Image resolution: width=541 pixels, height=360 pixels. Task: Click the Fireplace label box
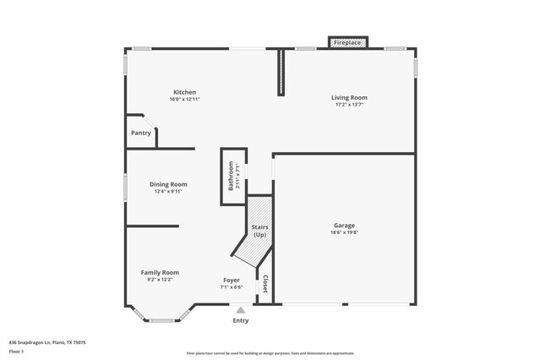(x=347, y=42)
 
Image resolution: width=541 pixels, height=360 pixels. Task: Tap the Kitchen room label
(x=185, y=92)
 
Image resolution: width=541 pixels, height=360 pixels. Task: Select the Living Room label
(x=349, y=98)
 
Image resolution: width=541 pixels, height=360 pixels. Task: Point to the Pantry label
(x=141, y=134)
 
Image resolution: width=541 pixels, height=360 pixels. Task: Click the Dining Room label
(x=168, y=184)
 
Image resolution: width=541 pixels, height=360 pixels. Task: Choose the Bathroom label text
(x=231, y=177)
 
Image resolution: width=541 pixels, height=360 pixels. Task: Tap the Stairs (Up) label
(x=260, y=231)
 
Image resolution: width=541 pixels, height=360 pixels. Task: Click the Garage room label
(x=344, y=226)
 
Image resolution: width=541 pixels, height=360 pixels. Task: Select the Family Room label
(x=160, y=272)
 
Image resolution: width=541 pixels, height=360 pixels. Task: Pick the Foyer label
(x=232, y=280)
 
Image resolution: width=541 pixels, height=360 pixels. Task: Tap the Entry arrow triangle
(x=241, y=311)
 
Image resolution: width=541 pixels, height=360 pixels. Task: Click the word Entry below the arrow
(x=241, y=321)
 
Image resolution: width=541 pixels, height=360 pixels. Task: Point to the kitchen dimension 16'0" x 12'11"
(x=184, y=100)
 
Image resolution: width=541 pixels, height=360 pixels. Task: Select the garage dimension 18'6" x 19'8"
(x=344, y=233)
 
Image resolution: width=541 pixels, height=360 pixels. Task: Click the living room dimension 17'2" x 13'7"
(x=349, y=106)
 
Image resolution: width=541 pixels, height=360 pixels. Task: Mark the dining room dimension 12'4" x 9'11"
(x=168, y=192)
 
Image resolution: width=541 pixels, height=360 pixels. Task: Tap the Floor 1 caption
(x=16, y=351)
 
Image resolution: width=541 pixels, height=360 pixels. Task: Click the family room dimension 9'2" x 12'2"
(x=160, y=280)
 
